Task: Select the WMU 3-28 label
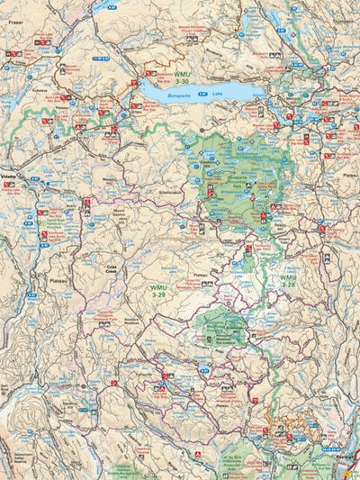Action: point(287,280)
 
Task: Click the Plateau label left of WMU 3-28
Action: point(202,276)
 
